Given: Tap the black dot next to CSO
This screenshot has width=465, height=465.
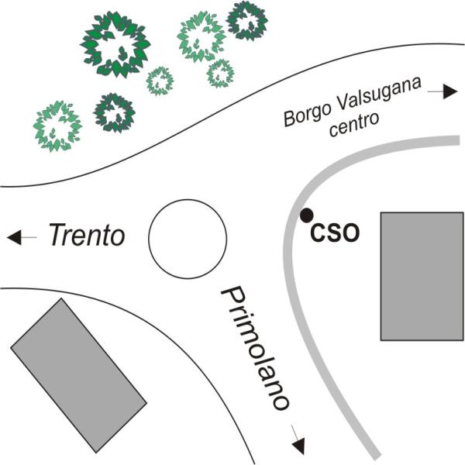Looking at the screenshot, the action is pos(306,215).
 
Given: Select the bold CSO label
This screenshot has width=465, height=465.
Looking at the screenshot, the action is pos(335,232).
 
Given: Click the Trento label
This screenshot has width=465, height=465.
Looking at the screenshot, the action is pos(87,235).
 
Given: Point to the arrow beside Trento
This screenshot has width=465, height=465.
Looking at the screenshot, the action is pos(22,237).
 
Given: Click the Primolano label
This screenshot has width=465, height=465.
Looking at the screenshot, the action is pos(254,348).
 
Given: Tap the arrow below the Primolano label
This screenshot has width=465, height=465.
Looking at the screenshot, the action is pos(298,439).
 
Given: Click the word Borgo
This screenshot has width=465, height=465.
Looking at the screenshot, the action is pos(307,115).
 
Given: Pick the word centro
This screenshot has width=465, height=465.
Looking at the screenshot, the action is pos(354,124).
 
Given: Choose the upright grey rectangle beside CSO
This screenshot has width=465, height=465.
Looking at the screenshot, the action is pos(422,276).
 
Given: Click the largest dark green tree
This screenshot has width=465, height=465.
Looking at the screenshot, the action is pos(115,44).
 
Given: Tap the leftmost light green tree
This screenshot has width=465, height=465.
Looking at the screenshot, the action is pos(57,126).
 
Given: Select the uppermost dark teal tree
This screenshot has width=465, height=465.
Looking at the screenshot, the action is pos(246,21).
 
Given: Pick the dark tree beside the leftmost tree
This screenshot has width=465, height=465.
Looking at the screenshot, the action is pos(114,112).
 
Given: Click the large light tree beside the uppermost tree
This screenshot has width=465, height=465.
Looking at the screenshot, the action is pos(201,36).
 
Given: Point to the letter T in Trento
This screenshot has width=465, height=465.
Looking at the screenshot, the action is pos(60,235).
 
